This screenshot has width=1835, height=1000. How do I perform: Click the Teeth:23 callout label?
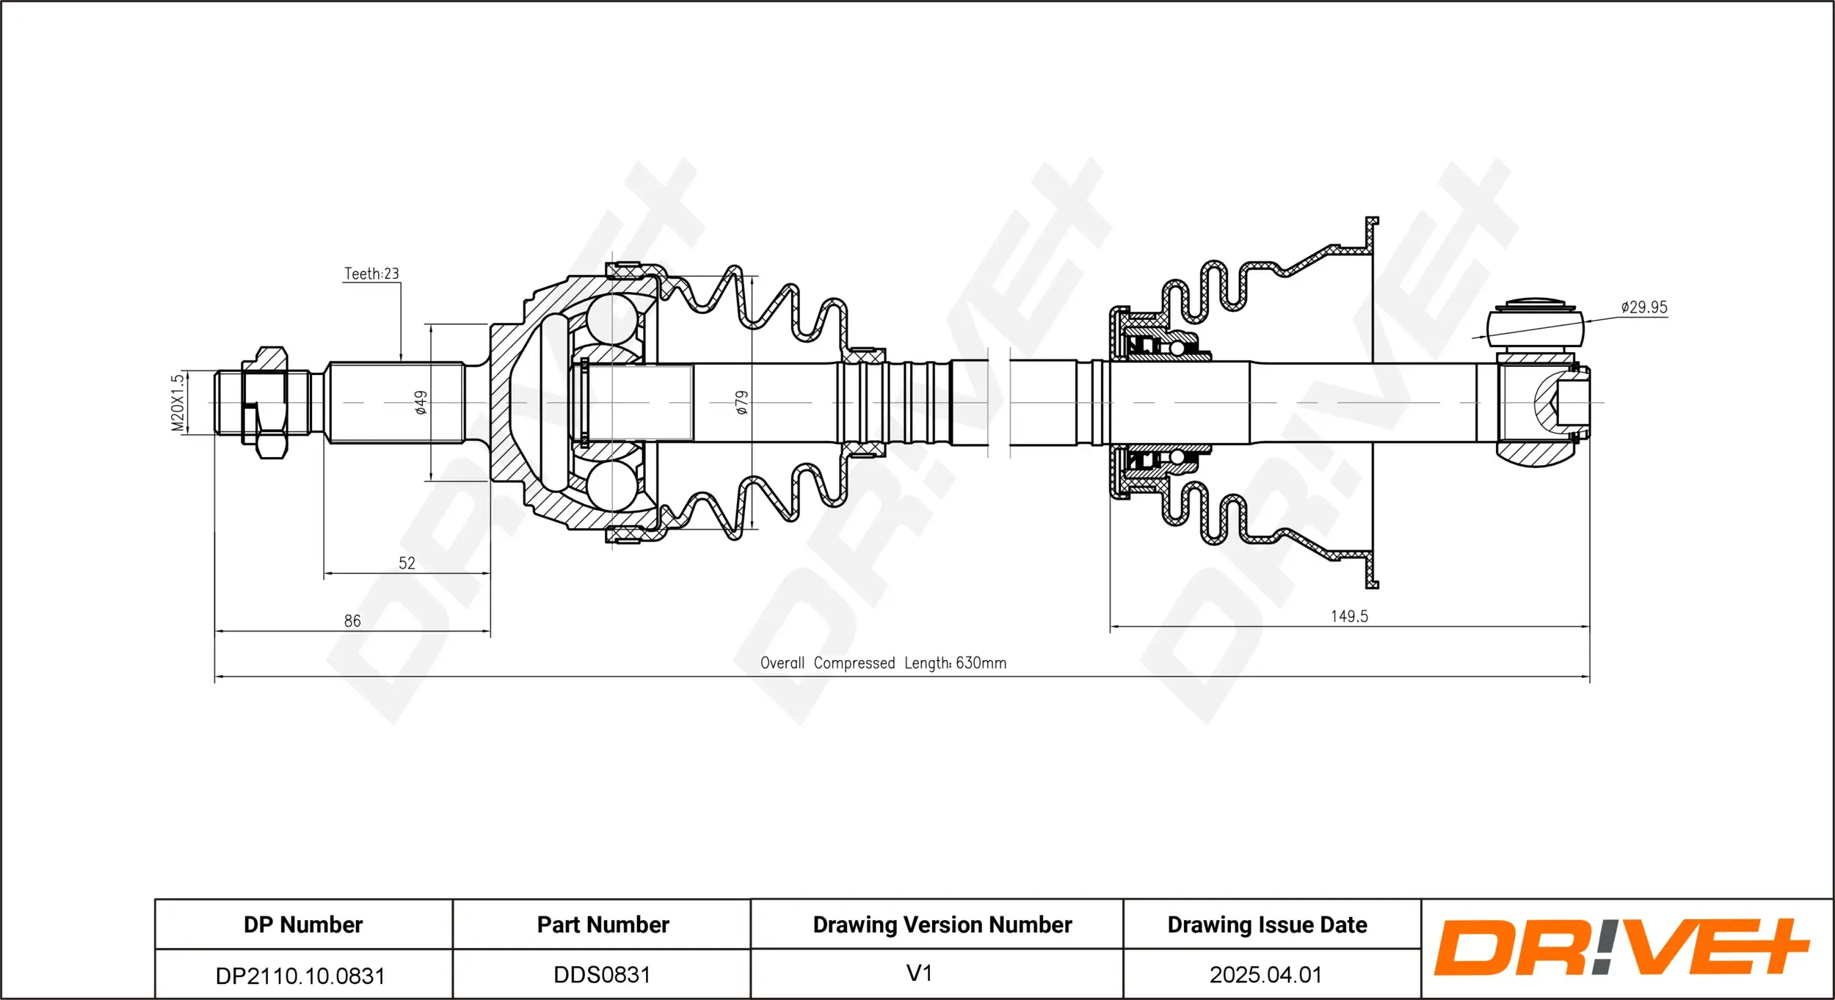[x=371, y=274]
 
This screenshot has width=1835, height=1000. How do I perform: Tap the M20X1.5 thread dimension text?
[x=178, y=403]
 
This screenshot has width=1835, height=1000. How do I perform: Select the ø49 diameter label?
[x=421, y=402]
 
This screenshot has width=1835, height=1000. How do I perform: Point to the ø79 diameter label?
[x=742, y=402]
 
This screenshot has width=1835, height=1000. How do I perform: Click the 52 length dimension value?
[x=407, y=563]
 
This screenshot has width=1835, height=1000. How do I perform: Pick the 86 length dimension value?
[x=352, y=621]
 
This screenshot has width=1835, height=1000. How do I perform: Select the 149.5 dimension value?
[x=1349, y=616]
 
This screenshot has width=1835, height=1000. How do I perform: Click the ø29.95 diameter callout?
[x=1643, y=307]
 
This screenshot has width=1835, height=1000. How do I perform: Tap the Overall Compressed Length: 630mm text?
[x=883, y=663]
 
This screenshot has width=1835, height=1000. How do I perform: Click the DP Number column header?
[x=303, y=924]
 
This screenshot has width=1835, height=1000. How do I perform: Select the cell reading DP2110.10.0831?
[x=300, y=976]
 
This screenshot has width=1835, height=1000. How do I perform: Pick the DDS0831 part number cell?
[x=602, y=974]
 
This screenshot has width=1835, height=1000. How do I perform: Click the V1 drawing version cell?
[x=919, y=974]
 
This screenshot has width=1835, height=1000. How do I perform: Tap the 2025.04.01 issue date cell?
[x=1265, y=974]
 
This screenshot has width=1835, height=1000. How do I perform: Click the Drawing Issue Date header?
[x=1267, y=924]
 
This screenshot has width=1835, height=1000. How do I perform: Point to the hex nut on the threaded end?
[x=264, y=403]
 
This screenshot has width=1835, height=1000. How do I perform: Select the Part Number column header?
[x=603, y=924]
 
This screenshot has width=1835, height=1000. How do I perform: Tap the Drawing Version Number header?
[x=942, y=924]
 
